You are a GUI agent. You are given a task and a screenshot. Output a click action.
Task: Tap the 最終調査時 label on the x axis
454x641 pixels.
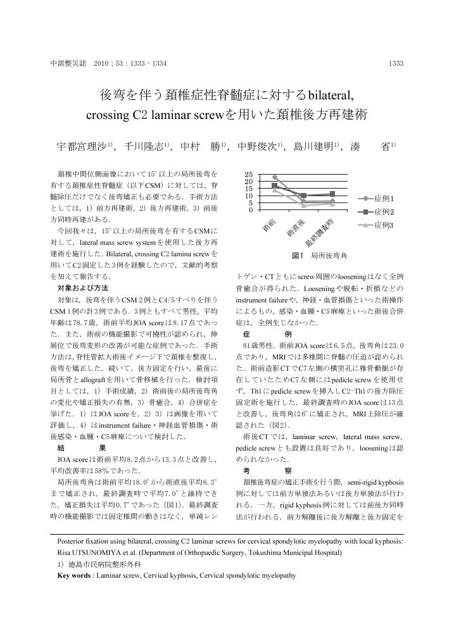(x=320, y=233)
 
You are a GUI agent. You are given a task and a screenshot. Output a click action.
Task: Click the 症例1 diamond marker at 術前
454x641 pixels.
(x=274, y=178)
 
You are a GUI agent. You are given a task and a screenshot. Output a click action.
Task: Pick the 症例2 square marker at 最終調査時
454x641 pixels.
(x=332, y=194)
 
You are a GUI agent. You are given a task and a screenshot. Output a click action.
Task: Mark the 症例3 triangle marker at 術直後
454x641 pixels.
(x=303, y=205)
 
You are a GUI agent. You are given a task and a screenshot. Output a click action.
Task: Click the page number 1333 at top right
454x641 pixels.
(x=396, y=63)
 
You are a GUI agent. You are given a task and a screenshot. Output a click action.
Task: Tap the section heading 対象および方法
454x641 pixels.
(x=83, y=288)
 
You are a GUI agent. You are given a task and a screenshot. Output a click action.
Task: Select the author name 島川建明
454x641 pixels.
(x=313, y=146)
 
